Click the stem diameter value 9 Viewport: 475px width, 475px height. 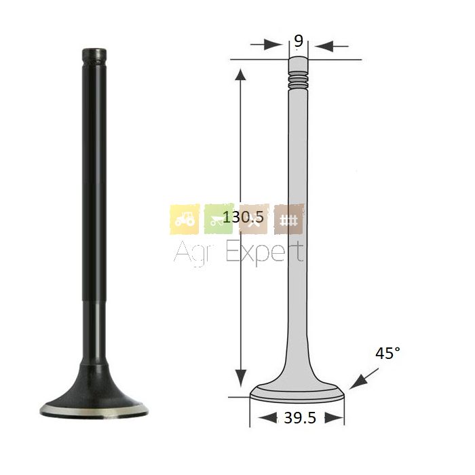pyautogui.click(x=299, y=40)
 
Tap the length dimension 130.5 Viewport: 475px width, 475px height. pyautogui.click(x=243, y=217)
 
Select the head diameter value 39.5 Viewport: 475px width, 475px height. pyautogui.click(x=300, y=418)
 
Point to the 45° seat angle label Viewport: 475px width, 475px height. pyautogui.click(x=387, y=353)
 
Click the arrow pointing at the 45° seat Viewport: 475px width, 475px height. pyautogui.click(x=364, y=379)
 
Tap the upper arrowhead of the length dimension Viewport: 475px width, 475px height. pyautogui.click(x=241, y=75)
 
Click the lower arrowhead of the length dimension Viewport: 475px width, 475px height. pyautogui.click(x=241, y=378)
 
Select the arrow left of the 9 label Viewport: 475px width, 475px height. pyautogui.click(x=266, y=45)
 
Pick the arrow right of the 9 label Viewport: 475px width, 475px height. pyautogui.click(x=331, y=46)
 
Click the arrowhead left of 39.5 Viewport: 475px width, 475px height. pyautogui.click(x=268, y=418)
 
